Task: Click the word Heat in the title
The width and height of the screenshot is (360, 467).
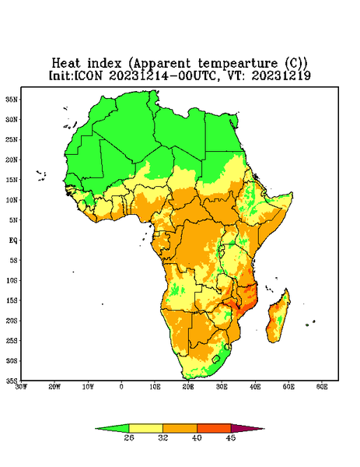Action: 66,63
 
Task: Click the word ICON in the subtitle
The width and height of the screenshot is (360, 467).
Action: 88,75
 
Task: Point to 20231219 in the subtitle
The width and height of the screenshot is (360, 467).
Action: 281,75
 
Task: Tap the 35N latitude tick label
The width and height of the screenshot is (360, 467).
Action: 12,100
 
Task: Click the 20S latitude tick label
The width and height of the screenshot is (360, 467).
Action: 12,321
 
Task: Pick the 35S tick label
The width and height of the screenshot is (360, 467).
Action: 12,381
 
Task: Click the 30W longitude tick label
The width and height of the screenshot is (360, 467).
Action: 22,387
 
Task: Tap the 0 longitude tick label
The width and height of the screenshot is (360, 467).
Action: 121,387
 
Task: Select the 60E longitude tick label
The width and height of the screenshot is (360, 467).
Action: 322,387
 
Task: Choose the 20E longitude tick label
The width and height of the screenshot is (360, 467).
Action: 188,387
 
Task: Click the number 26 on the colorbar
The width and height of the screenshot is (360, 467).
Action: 129,437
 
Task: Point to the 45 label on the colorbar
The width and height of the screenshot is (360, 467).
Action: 231,437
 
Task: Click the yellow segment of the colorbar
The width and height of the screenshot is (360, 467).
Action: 145,428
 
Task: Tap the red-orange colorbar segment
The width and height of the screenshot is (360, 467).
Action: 214,428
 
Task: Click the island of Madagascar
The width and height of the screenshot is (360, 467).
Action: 279,318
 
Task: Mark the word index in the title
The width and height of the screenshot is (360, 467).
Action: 105,63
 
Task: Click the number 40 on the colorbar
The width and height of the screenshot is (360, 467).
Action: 197,437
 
